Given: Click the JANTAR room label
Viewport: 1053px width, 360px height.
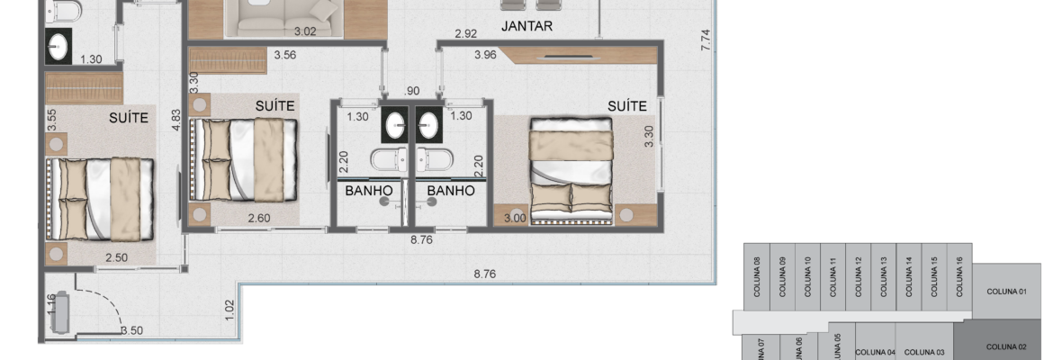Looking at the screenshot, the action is (526, 26).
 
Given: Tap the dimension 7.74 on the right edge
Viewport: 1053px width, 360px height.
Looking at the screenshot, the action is (705, 40).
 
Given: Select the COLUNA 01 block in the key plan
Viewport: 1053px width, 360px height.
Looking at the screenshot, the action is (1007, 292).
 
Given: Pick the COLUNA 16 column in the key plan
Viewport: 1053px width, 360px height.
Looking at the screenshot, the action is (959, 276).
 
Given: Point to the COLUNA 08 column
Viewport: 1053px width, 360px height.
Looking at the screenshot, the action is (757, 276).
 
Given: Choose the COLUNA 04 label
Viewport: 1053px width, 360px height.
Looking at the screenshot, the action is (875, 352).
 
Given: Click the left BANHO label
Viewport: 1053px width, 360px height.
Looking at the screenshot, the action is (369, 191).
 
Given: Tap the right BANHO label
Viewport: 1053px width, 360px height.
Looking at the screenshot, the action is (451, 191).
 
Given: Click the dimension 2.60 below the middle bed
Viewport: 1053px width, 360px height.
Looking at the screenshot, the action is (259, 218).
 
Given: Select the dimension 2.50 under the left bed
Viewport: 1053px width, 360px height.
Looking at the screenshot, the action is (116, 258).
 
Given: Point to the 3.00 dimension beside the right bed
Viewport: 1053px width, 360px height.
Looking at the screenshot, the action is (515, 218).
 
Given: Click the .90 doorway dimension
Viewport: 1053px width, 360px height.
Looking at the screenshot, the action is (411, 91).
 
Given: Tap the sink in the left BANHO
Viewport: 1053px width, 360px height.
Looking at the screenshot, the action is (395, 124).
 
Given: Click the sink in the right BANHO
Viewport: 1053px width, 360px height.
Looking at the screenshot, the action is (429, 124).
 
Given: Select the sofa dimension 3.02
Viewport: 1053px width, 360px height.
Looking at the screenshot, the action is (305, 31).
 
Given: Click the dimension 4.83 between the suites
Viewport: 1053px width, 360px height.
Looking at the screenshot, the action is (176, 120).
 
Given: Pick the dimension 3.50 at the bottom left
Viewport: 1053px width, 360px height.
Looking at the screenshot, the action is (131, 330).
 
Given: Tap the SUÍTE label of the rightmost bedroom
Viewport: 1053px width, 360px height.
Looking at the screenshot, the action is (627, 106).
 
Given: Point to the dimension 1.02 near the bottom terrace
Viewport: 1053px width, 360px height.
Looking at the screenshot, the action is (229, 310).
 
